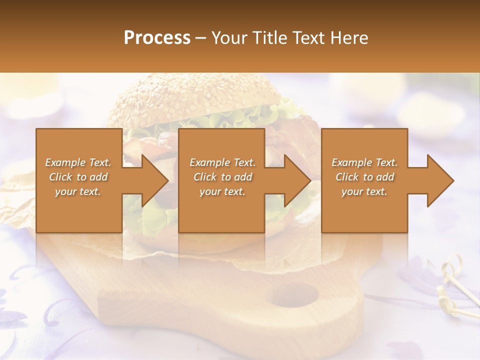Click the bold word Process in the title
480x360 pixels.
coord(157,37)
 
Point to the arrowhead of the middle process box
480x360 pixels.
coord(294,180)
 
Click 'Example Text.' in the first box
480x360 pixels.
coord(78,162)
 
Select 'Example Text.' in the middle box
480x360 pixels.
coord(222,162)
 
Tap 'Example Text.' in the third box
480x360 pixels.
coord(364,162)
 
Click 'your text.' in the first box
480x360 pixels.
coord(78,191)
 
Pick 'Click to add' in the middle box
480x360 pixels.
coord(222,177)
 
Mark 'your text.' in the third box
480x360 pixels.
coord(364,191)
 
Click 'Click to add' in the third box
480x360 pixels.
coord(364,177)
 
